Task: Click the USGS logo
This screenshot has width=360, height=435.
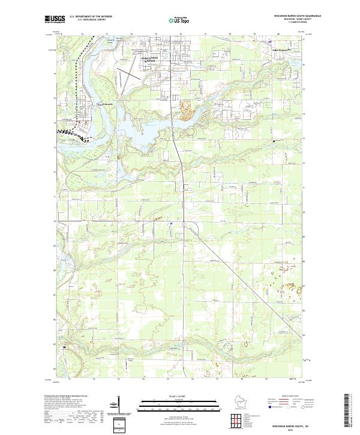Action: coord(53,20)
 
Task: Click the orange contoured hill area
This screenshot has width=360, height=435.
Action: coord(187,110)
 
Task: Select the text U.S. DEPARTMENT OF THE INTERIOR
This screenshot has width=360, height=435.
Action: coord(91,16)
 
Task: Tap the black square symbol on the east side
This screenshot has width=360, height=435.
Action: coord(274,141)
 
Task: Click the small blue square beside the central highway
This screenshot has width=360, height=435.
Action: coord(171,224)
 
